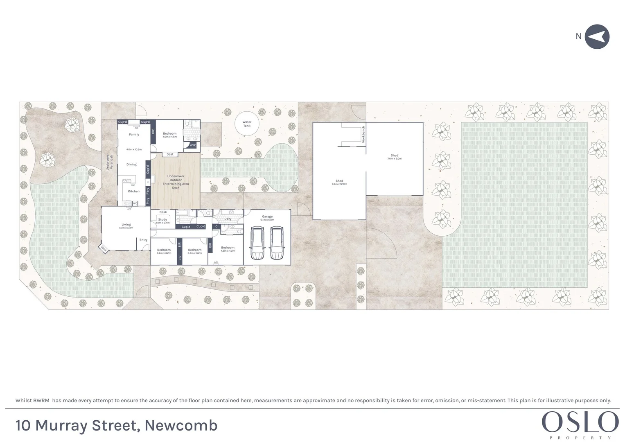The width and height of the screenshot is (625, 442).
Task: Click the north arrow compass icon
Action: click(x=597, y=37)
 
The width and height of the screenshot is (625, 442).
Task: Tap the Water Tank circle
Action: click(x=247, y=124)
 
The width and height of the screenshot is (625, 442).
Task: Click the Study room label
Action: click(x=162, y=219)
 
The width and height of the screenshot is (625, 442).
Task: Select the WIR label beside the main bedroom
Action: click(x=193, y=145)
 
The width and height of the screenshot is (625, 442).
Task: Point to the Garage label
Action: click(x=267, y=216)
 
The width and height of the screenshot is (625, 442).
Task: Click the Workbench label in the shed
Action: click(x=363, y=134)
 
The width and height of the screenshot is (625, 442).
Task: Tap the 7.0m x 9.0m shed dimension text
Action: click(x=394, y=159)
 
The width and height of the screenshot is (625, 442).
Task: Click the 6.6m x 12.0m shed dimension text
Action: click(x=339, y=184)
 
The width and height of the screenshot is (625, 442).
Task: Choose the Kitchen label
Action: click(x=134, y=191)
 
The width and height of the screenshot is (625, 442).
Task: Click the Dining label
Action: click(x=131, y=165)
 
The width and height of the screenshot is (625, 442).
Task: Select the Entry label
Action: click(x=143, y=240)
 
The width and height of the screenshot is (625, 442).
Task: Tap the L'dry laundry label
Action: click(x=228, y=219)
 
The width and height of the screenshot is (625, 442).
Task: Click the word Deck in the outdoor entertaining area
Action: click(x=176, y=188)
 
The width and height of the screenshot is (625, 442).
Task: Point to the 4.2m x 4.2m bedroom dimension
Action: click(x=228, y=251)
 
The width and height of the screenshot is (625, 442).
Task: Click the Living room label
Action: click(x=126, y=224)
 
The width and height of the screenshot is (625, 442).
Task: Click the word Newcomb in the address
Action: click(x=181, y=426)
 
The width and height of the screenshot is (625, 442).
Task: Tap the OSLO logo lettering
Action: click(x=580, y=423)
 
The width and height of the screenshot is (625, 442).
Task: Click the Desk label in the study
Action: click(x=163, y=212)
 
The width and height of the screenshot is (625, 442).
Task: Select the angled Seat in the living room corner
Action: click(x=104, y=248)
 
